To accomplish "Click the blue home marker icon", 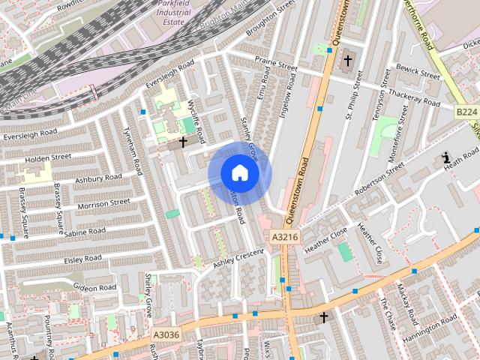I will pos(239,173).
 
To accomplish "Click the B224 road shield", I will pos(466,112).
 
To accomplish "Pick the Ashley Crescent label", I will pos(238,259).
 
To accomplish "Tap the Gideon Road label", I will pos(94,287).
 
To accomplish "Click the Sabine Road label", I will pos(84,233).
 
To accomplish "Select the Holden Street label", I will pos(47,158).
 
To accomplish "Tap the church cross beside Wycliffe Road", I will pos(183,140).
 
